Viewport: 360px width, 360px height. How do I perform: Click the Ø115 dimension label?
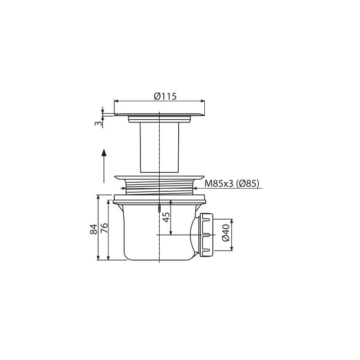click(x=165, y=96)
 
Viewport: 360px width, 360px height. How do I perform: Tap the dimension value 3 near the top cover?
click(x=98, y=123)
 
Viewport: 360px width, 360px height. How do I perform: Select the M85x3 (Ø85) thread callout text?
click(x=232, y=184)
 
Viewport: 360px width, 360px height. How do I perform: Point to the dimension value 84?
click(x=94, y=229)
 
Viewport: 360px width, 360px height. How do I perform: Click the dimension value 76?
click(x=104, y=228)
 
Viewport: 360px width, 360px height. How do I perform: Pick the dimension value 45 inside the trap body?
click(x=166, y=217)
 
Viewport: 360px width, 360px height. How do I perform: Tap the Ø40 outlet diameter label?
click(x=226, y=233)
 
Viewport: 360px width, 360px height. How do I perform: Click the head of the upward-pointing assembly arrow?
click(x=104, y=153)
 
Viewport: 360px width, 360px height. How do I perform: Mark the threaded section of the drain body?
click(x=159, y=188)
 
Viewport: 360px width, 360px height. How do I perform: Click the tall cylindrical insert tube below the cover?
click(x=159, y=148)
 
